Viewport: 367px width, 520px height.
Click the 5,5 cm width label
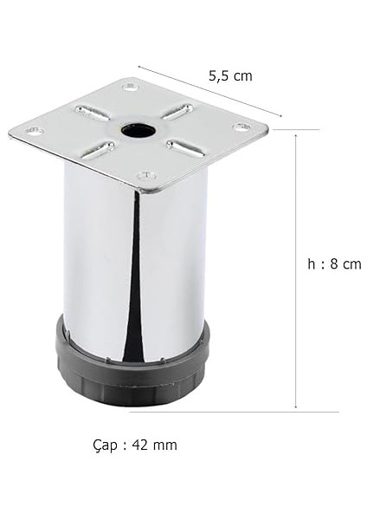click(x=230, y=75)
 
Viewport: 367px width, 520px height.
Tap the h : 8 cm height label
click(x=334, y=264)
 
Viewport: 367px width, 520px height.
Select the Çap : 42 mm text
click(x=134, y=445)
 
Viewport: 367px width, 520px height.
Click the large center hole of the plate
click(x=137, y=131)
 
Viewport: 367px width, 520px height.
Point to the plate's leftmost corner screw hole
click(x=35, y=131)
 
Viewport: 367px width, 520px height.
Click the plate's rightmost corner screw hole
click(x=241, y=127)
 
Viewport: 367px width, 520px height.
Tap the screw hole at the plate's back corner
click(x=129, y=88)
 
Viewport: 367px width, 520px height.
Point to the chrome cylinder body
click(x=95, y=260)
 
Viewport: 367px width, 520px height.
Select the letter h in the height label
click(x=311, y=264)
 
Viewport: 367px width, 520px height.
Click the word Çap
click(x=105, y=445)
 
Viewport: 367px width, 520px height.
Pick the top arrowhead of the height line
click(x=296, y=136)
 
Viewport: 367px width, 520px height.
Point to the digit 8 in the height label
click(x=333, y=264)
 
